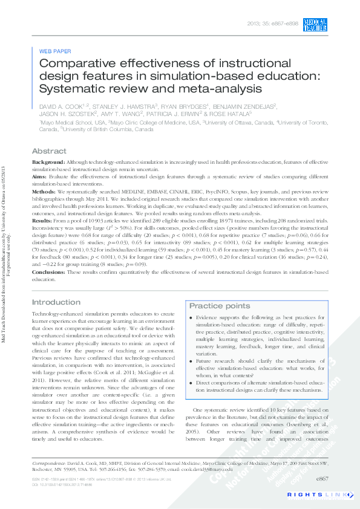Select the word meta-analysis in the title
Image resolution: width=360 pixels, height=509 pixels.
coord(220,89)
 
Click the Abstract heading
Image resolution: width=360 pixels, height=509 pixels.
coord(49,151)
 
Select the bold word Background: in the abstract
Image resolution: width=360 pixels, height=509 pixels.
coord(47,163)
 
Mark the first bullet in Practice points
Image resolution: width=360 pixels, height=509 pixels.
coord(192,317)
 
